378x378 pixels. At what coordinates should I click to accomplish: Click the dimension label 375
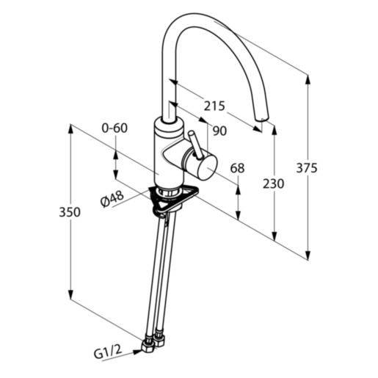click(x=307, y=168)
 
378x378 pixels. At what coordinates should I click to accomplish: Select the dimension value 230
click(x=274, y=183)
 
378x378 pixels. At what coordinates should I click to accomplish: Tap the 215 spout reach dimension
click(x=214, y=106)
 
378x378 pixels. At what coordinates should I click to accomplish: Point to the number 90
click(x=219, y=131)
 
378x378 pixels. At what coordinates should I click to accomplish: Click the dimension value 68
click(x=237, y=168)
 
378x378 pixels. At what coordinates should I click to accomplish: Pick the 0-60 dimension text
click(x=115, y=128)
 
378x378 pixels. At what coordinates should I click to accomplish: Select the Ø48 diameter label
click(x=112, y=199)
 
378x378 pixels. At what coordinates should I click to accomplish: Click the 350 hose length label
click(x=70, y=212)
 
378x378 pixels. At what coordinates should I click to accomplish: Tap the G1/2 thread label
click(x=108, y=352)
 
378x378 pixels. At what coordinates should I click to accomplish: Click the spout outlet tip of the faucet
click(x=261, y=119)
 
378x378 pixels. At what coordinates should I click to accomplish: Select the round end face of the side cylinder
click(x=206, y=168)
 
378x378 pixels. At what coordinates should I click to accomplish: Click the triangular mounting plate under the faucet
click(x=172, y=199)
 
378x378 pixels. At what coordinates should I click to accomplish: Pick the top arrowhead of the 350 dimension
click(x=70, y=131)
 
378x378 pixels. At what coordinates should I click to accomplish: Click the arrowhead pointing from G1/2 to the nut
click(x=137, y=352)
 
